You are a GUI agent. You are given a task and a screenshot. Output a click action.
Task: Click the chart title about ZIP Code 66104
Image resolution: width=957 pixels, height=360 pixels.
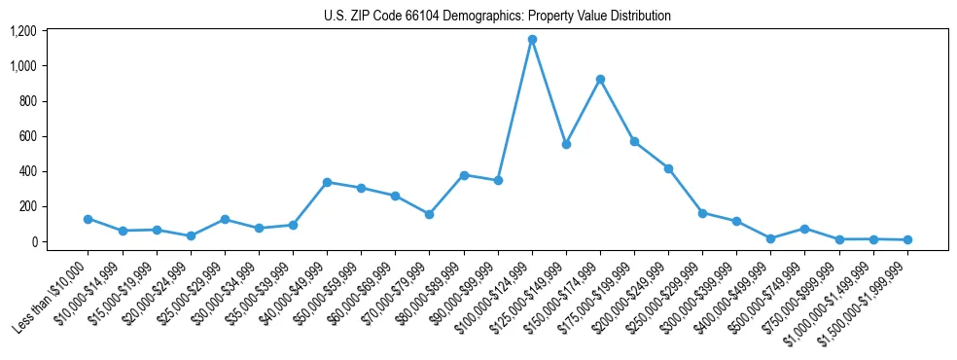click(497, 17)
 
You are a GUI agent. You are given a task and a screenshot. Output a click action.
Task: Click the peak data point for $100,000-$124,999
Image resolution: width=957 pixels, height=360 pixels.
click(532, 40)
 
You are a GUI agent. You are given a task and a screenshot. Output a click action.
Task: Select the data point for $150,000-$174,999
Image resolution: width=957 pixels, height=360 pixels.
click(600, 79)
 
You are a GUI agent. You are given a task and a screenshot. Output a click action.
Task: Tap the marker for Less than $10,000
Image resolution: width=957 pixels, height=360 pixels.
click(88, 219)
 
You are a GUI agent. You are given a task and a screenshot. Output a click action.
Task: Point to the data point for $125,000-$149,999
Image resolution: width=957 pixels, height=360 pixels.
click(566, 144)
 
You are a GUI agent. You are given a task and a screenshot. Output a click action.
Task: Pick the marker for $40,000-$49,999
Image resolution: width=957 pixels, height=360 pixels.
click(327, 182)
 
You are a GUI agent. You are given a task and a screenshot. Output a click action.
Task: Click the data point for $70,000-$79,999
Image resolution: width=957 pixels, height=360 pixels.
click(429, 214)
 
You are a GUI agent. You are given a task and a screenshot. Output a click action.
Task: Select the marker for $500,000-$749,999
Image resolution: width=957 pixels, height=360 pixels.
click(804, 229)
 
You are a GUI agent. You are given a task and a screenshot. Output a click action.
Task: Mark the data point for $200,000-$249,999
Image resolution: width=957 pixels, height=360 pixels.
click(668, 168)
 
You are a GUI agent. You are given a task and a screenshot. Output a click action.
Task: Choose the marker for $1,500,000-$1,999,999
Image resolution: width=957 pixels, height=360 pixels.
click(907, 239)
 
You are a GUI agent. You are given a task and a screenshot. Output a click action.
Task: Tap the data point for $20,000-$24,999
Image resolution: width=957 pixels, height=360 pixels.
click(191, 235)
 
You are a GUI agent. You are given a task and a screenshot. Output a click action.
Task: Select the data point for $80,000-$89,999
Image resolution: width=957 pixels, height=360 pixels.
click(464, 175)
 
